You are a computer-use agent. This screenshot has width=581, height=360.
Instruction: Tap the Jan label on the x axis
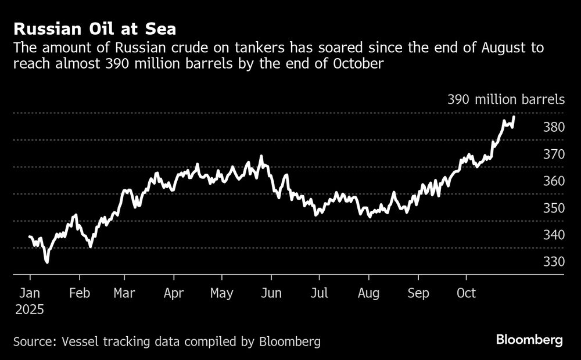(30, 293)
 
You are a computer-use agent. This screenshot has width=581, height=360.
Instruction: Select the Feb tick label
(80, 293)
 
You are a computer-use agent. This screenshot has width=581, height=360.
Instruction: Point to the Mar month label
(125, 293)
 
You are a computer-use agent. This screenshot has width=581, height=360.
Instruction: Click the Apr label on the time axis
(174, 293)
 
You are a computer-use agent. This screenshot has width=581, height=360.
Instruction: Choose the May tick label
(222, 293)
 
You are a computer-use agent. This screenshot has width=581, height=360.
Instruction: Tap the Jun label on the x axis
(271, 293)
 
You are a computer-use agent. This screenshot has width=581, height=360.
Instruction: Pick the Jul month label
(320, 293)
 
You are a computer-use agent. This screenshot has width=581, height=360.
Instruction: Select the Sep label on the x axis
(418, 293)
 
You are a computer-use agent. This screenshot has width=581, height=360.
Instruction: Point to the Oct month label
(465, 293)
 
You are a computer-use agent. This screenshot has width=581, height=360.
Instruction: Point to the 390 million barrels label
(505, 99)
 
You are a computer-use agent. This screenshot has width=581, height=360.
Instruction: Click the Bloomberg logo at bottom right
(529, 340)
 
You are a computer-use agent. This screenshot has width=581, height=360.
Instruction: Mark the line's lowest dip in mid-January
(46, 262)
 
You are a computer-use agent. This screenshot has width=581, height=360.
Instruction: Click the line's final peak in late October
(514, 117)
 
